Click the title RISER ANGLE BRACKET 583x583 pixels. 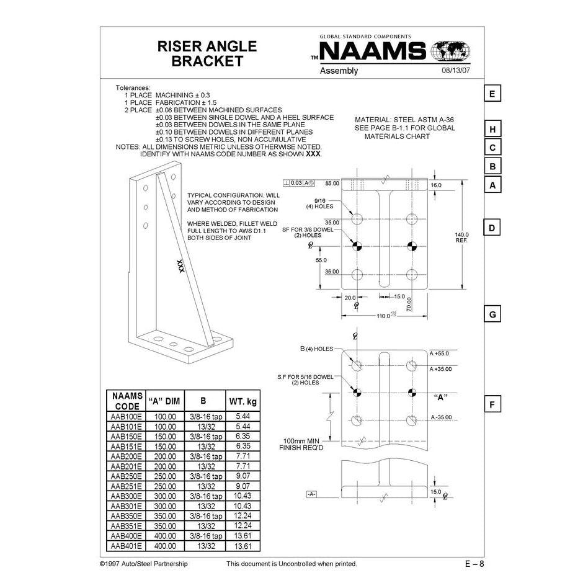198,53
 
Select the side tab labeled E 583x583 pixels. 492,94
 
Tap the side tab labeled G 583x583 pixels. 492,314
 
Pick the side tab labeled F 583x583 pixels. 492,405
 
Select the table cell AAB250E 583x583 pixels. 126,476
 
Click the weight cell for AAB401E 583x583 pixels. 243,546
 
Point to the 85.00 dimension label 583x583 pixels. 332,183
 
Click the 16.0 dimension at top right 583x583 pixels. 436,185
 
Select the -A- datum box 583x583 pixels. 311,494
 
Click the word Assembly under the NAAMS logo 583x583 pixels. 339,71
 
